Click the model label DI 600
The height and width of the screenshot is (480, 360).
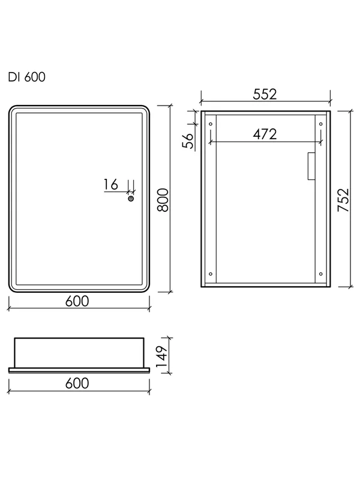point(26,77)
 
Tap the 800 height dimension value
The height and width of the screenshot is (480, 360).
point(163,200)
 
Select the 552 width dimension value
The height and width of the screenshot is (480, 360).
point(265,94)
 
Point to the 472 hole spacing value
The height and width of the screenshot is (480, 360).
point(265,134)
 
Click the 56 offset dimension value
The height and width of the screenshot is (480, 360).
point(188,140)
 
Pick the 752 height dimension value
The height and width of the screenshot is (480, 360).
point(343,200)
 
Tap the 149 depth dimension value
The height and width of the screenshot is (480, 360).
point(161,356)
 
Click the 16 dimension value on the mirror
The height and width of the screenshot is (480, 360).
point(110,185)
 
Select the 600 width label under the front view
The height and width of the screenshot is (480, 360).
point(77,301)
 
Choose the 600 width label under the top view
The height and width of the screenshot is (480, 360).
point(77,383)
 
